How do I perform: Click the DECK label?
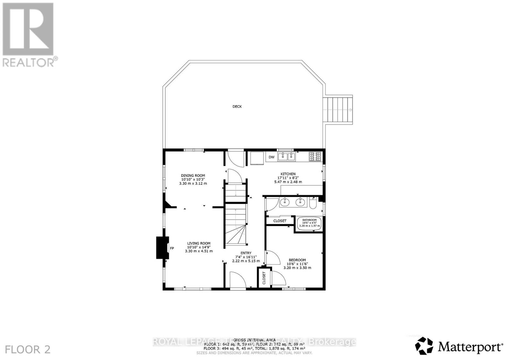[237, 107]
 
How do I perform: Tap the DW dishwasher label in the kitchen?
[271, 157]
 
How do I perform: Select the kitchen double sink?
[287, 156]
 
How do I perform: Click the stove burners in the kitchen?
[315, 156]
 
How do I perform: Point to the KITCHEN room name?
[288, 174]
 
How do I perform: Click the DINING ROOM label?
[193, 176]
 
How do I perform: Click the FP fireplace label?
[172, 248]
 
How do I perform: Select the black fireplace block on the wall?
[160, 247]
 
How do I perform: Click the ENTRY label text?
[246, 253]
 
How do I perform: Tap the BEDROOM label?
[297, 260]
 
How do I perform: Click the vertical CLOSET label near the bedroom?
[264, 278]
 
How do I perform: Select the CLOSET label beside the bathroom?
[280, 221]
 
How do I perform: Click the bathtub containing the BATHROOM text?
[310, 223]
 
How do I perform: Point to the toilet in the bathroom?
[313, 204]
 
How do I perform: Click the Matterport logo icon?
[424, 345]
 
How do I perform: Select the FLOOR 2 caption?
[28, 350]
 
